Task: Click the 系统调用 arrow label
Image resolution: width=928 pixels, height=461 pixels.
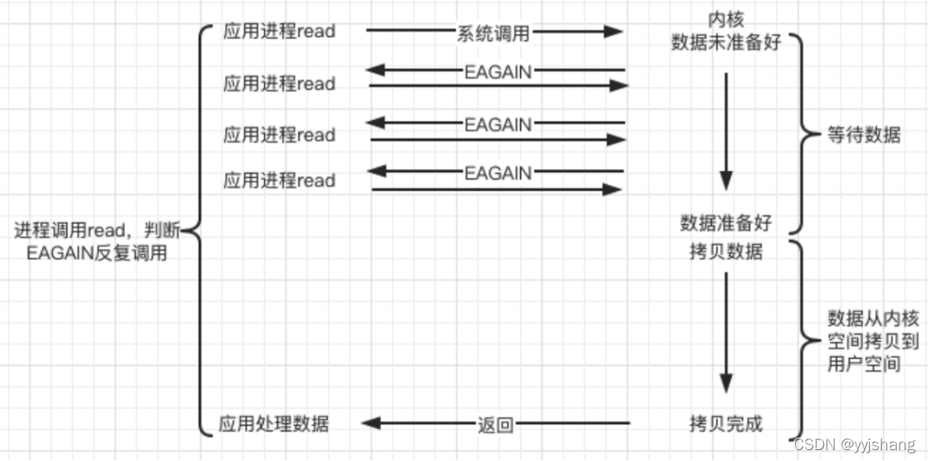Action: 493,32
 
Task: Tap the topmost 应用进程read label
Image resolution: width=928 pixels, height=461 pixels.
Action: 279,31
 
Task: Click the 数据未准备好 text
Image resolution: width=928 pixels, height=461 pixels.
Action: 726,42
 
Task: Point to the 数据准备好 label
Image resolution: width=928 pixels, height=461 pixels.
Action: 726,223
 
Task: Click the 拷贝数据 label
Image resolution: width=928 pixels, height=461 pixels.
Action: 726,251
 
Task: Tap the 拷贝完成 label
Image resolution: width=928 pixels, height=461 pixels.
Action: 726,423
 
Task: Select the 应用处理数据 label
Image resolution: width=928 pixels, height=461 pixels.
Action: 274,423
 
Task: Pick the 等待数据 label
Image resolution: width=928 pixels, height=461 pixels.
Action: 864,134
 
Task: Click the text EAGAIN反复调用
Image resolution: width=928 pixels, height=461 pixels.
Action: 96,252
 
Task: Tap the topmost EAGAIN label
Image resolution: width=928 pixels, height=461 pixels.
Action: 498,72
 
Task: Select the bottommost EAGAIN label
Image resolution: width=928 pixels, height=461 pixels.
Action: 498,172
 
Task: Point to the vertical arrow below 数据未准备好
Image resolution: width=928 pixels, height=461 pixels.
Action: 726,130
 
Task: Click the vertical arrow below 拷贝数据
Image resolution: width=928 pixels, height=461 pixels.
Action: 726,333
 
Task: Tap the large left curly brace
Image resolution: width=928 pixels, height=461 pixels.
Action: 200,228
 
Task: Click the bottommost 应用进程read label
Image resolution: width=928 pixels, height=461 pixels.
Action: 279,181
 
